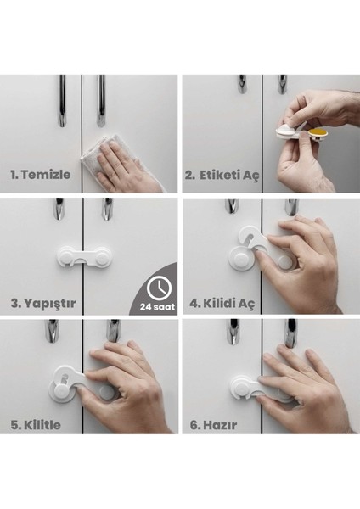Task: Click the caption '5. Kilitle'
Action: [36, 423]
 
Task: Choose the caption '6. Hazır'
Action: [213, 423]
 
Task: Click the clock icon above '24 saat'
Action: [157, 286]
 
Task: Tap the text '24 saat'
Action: [159, 306]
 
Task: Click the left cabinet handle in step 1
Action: [62, 100]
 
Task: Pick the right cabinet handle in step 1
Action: [102, 100]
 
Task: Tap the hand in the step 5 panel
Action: [127, 386]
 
